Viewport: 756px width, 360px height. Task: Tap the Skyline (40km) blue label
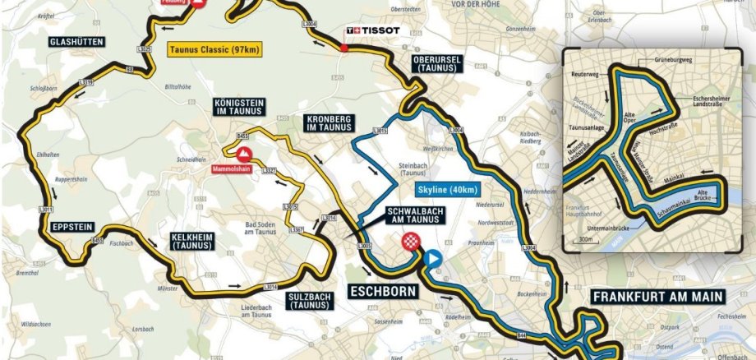(x=446, y=190)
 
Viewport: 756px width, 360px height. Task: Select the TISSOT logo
(x=374, y=31)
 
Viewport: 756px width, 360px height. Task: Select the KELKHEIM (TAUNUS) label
(x=192, y=241)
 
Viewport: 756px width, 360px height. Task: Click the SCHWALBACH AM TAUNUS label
(x=413, y=216)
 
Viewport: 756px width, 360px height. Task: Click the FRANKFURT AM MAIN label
(x=657, y=296)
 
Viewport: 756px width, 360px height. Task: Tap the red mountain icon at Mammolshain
(x=244, y=155)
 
